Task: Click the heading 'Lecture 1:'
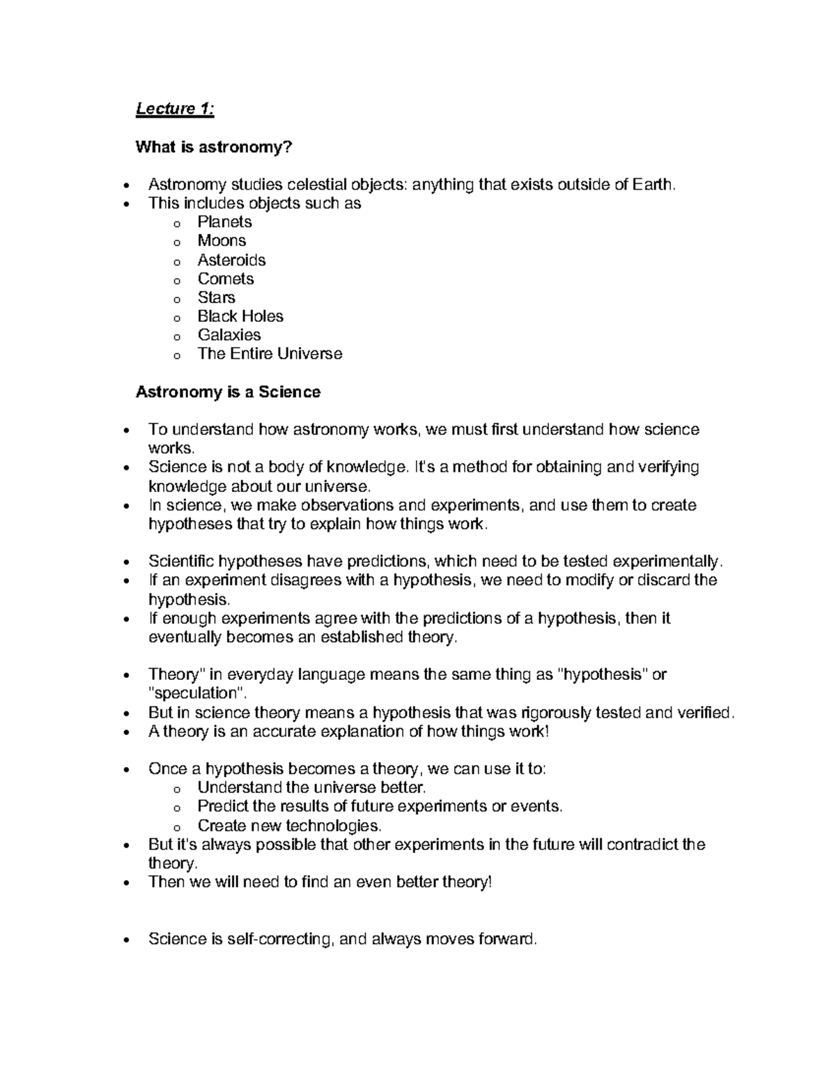point(175,109)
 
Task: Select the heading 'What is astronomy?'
point(214,147)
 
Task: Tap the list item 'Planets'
point(224,222)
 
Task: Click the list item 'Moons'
point(222,241)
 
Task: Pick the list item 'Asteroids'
point(231,260)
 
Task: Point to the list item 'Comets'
point(226,279)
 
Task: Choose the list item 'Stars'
point(216,297)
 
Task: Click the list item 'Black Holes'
point(240,316)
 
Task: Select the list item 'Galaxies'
point(229,335)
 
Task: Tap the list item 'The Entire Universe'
point(270,354)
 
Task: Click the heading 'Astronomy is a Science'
point(228,392)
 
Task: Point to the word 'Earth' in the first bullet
point(653,185)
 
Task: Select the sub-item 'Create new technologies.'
point(290,826)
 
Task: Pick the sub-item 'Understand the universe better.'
point(311,788)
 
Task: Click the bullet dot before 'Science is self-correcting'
point(125,940)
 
